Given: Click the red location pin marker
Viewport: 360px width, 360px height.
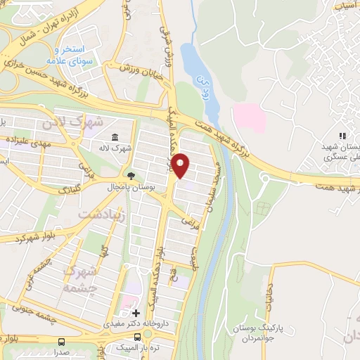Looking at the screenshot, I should point(181,166).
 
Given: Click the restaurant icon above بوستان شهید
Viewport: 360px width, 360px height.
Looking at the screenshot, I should point(342,136).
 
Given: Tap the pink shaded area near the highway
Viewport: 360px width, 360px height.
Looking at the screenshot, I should point(250,116).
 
